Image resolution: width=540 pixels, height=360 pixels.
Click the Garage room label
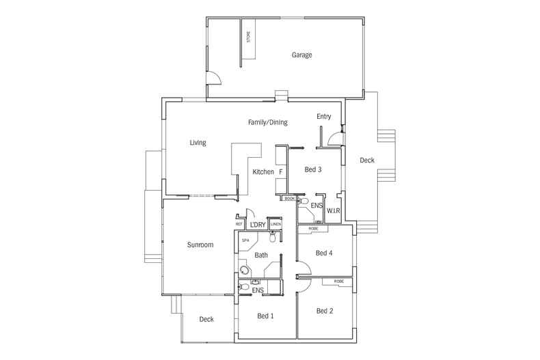click(x=301, y=55)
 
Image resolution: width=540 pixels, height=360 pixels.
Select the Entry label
click(x=323, y=117)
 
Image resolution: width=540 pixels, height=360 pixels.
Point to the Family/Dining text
click(x=267, y=122)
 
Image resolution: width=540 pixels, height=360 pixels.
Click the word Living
click(x=198, y=143)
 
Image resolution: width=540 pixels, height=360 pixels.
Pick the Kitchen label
click(x=263, y=171)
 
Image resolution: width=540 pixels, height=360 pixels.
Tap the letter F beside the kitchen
click(x=280, y=171)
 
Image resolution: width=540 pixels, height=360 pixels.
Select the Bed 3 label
click(x=313, y=169)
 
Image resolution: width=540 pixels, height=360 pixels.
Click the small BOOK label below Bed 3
click(x=289, y=199)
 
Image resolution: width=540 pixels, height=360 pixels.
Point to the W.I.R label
click(x=334, y=210)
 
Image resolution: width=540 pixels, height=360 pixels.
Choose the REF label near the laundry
click(x=239, y=224)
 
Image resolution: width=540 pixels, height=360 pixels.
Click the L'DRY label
click(x=257, y=225)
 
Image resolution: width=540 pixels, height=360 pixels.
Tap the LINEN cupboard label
click(x=275, y=224)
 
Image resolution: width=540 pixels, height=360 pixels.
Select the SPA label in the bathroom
click(x=245, y=240)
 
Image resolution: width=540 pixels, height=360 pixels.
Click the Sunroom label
click(x=200, y=245)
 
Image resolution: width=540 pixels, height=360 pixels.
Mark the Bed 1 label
click(x=265, y=316)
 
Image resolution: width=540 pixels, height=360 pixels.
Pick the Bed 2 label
click(x=325, y=311)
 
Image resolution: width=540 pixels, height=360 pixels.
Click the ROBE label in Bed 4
click(x=313, y=229)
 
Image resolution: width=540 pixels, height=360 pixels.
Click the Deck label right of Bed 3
click(x=366, y=161)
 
